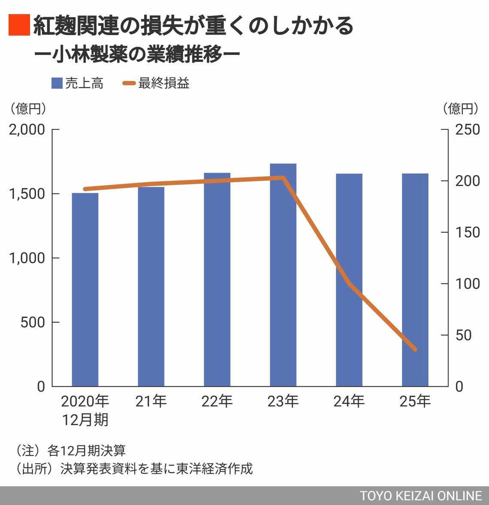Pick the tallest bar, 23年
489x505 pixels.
[x=283, y=275]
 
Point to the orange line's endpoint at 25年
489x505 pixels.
[x=415, y=349]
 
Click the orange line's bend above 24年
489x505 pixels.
[x=349, y=283]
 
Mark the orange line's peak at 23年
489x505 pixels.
[x=283, y=177]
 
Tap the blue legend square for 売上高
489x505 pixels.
[x=57, y=83]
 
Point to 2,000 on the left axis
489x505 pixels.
[x=27, y=129]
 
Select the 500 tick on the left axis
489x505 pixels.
[x=33, y=322]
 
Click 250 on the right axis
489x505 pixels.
[x=468, y=129]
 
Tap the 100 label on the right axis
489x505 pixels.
[x=468, y=284]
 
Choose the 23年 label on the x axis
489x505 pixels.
[x=283, y=401]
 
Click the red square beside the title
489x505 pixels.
[x=19, y=25]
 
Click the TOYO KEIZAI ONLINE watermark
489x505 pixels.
[x=420, y=496]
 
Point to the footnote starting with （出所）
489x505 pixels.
[x=134, y=469]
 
